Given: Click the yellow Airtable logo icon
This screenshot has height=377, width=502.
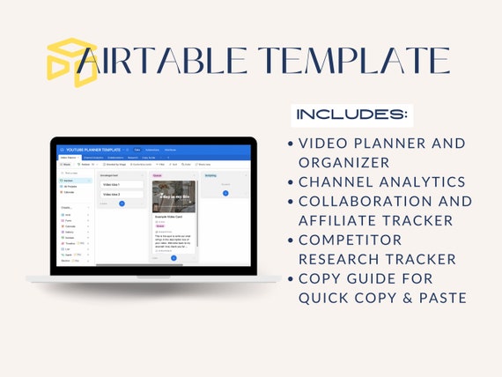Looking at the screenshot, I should pos(71,63).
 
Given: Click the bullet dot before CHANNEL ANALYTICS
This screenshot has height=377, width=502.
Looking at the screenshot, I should pos(292,181).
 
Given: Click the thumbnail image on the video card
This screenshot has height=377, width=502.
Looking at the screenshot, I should pos(173,196).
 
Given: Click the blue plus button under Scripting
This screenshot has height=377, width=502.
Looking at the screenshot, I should pos(225,193).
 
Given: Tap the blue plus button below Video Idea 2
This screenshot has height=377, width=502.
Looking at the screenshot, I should pos(122,203).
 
